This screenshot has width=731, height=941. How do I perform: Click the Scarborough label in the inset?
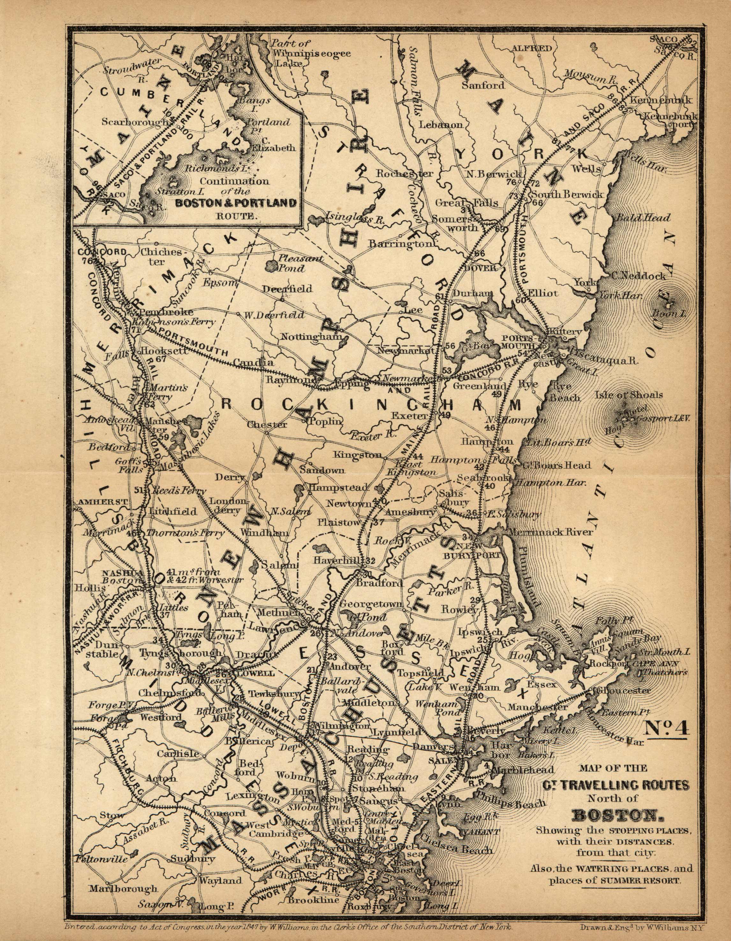135,122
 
